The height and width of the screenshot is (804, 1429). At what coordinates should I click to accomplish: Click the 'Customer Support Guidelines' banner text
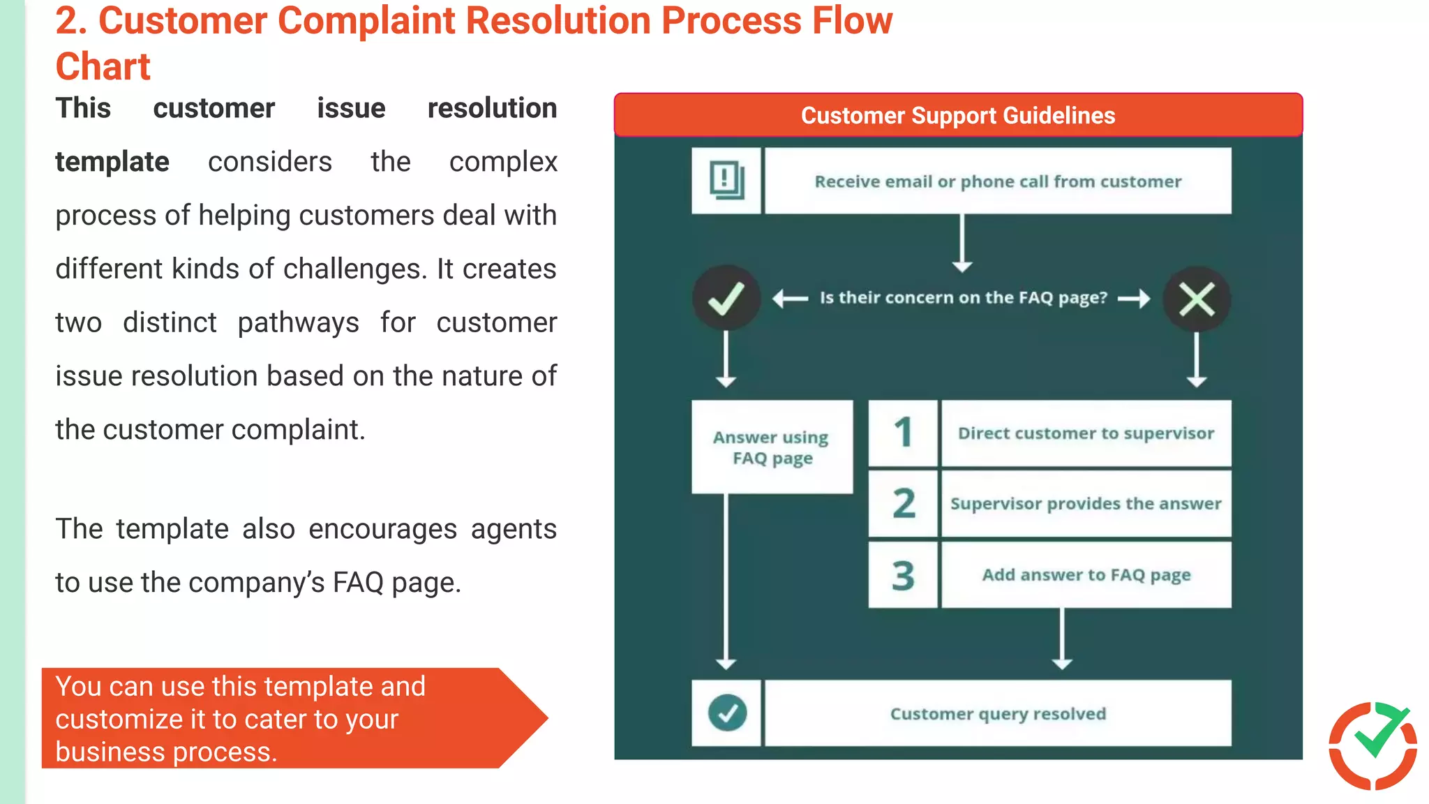(x=957, y=115)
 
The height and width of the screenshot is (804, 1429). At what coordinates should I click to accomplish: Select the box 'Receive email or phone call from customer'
(x=998, y=181)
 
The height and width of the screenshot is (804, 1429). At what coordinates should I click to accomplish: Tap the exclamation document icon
(x=726, y=181)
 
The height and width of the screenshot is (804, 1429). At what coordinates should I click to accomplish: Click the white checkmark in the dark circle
(x=726, y=299)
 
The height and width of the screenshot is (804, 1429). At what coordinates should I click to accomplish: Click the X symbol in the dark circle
(x=1197, y=300)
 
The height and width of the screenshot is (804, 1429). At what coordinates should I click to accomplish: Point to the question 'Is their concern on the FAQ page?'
(x=963, y=298)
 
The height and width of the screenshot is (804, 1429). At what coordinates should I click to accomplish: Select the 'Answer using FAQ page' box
(x=772, y=447)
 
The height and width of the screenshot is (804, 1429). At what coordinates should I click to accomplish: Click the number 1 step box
(x=903, y=433)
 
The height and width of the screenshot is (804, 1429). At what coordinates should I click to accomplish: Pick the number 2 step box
(x=903, y=504)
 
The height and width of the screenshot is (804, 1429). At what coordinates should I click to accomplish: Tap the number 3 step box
(x=903, y=575)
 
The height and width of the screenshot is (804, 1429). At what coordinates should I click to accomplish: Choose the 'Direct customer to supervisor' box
(x=1086, y=433)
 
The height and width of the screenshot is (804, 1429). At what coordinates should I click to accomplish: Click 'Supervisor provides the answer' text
(x=1086, y=504)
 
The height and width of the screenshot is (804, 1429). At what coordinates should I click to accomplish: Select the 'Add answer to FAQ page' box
(x=1086, y=575)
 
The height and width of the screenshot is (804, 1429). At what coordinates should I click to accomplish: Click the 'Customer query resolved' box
(x=998, y=713)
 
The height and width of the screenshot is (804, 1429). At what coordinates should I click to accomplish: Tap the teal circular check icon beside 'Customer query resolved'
(x=727, y=713)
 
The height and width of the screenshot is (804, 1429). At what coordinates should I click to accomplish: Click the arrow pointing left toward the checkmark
(x=791, y=299)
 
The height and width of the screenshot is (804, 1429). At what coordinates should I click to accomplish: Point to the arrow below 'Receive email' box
(x=962, y=243)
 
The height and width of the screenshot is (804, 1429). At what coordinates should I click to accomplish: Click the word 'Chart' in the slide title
(x=103, y=67)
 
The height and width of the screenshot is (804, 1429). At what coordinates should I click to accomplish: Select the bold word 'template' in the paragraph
(x=112, y=162)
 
